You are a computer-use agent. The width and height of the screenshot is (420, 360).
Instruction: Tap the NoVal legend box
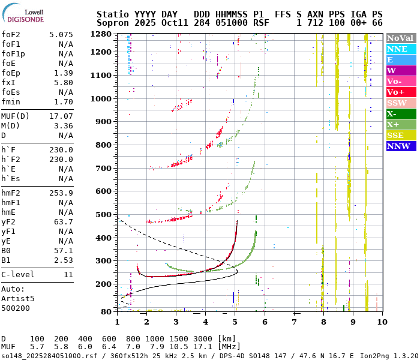(x=400, y=38)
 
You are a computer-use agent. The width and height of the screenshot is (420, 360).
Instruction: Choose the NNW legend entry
(x=400, y=146)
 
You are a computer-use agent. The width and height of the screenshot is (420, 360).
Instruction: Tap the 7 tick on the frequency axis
(x=294, y=322)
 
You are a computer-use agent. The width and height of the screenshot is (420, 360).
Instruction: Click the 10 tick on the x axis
(x=381, y=322)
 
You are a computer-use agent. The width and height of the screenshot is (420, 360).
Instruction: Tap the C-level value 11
(x=68, y=275)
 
